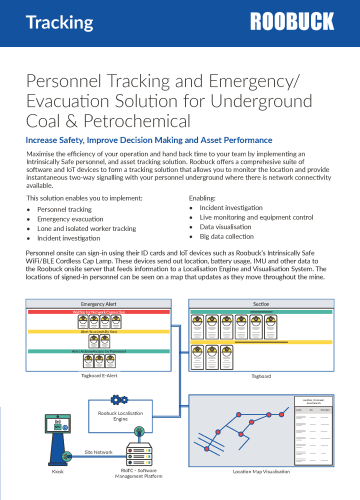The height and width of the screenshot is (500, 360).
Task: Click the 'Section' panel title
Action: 262,302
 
